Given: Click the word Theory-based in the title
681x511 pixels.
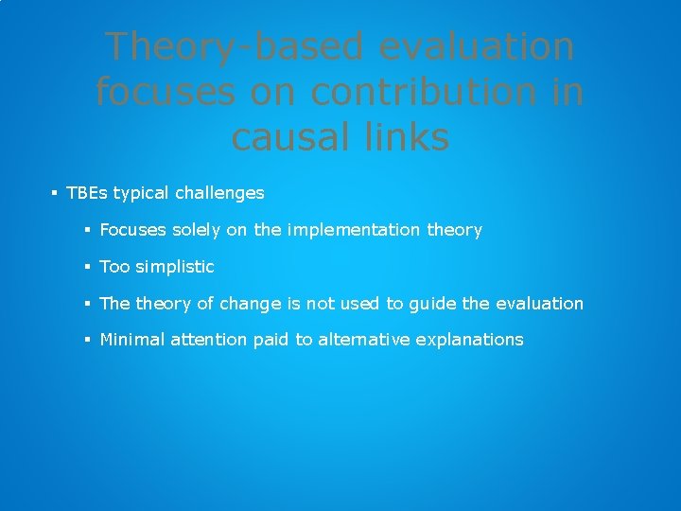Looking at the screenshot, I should click(x=226, y=46).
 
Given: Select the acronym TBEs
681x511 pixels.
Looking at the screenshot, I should click(x=87, y=193).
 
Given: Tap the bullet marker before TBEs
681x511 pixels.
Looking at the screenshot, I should click(x=55, y=193).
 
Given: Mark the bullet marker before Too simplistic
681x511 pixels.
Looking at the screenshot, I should click(x=87, y=267).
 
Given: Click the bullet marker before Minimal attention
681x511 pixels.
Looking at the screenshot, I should click(x=87, y=340).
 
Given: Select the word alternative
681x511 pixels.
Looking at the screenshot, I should click(x=363, y=340).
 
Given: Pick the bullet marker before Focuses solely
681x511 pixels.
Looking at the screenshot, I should click(x=87, y=230).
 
